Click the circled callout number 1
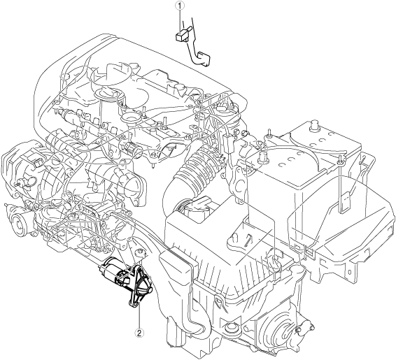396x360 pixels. coord(180,6)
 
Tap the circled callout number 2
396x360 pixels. coord(139,333)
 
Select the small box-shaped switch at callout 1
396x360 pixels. coord(181,36)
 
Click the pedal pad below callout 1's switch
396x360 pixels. coord(204,59)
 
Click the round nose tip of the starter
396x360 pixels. coord(150,290)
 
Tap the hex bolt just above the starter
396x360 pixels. coord(140,253)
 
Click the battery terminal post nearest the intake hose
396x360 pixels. coord(263,156)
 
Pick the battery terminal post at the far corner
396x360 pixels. coord(313,125)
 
